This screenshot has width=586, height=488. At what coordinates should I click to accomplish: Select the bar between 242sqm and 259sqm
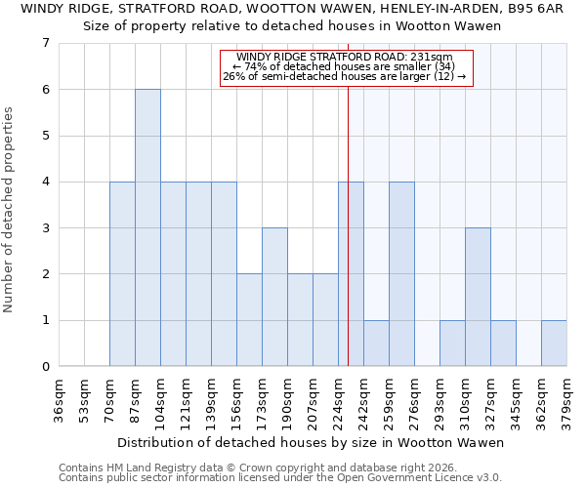pos(376,343)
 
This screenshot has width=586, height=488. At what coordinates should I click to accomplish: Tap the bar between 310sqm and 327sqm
pos(478,297)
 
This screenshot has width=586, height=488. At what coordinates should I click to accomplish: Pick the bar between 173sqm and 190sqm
pos(274,297)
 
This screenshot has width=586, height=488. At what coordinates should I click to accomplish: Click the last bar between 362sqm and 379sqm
pos(554,343)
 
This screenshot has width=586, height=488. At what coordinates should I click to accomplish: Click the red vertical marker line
pos(348,244)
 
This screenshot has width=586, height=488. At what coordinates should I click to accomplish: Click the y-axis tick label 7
pos(45,43)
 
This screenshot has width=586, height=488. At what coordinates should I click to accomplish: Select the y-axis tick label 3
pos(45,228)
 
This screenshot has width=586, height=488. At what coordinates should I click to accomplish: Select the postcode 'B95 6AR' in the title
pos(537,9)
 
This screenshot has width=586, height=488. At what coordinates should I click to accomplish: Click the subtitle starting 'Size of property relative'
pos(292,26)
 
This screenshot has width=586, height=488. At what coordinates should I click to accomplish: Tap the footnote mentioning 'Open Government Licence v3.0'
pos(280,477)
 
